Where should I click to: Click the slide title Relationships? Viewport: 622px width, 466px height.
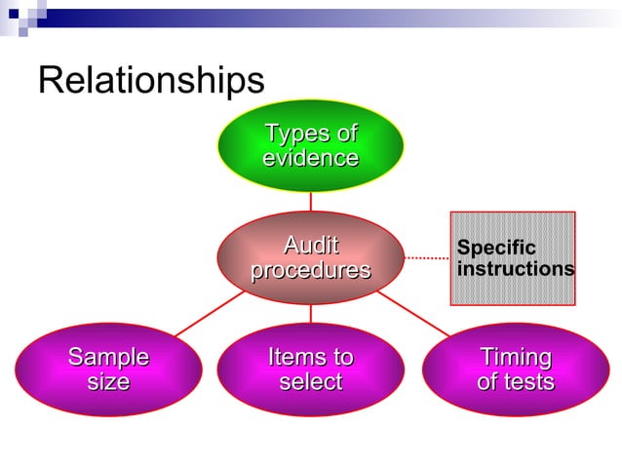[150, 80]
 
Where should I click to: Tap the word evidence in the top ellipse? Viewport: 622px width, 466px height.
[310, 158]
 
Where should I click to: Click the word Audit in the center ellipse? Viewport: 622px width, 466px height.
[310, 245]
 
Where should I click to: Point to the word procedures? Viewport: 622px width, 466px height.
[310, 270]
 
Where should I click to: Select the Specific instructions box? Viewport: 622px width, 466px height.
[512, 257]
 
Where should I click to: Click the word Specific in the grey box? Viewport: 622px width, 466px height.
[496, 248]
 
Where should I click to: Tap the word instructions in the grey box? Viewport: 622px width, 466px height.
[515, 268]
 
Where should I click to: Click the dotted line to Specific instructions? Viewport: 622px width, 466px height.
[426, 258]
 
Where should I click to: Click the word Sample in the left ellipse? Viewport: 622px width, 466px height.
[108, 357]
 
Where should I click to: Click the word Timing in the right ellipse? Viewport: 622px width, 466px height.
[515, 357]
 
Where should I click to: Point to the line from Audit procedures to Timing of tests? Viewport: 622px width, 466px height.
[414, 314]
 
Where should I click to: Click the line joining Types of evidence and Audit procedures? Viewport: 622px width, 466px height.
[310, 202]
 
